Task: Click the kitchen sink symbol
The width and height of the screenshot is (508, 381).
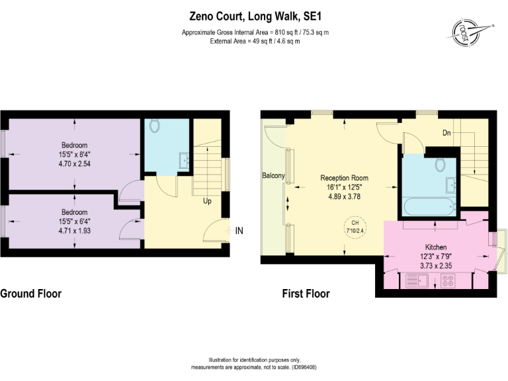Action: pyautogui.click(x=415, y=281)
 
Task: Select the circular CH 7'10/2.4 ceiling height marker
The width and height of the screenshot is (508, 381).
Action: pyautogui.click(x=354, y=227)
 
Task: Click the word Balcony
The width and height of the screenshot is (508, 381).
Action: pyautogui.click(x=273, y=175)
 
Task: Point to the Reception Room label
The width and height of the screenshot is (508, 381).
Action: pyautogui.click(x=344, y=178)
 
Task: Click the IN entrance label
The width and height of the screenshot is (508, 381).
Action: pyautogui.click(x=239, y=231)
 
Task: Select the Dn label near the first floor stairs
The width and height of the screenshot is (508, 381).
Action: pyautogui.click(x=447, y=133)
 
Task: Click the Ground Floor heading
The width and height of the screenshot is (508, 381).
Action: pyautogui.click(x=31, y=294)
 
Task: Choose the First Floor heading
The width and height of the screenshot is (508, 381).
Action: pyautogui.click(x=306, y=294)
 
